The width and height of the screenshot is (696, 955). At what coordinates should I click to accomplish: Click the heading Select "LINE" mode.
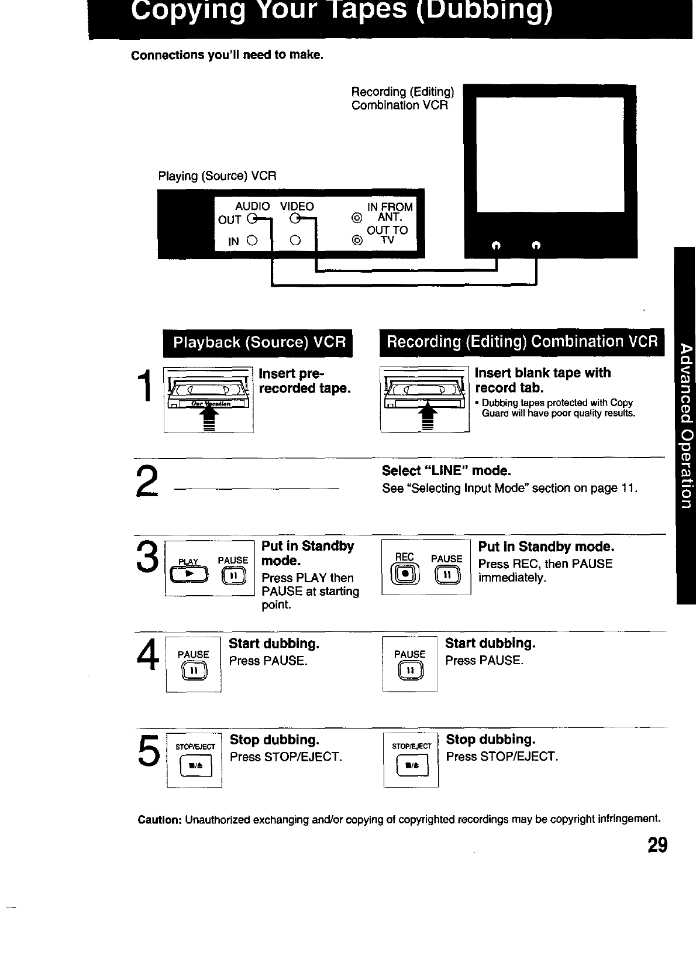point(446,471)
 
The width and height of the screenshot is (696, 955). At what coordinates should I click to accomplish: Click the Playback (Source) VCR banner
point(257,342)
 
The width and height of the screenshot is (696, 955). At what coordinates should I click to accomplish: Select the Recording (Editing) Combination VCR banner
point(522,342)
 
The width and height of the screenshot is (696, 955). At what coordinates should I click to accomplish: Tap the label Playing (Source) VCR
point(217,176)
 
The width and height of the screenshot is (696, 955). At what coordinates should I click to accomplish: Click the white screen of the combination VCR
point(550,154)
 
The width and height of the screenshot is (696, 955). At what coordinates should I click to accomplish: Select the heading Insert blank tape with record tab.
point(543,380)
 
